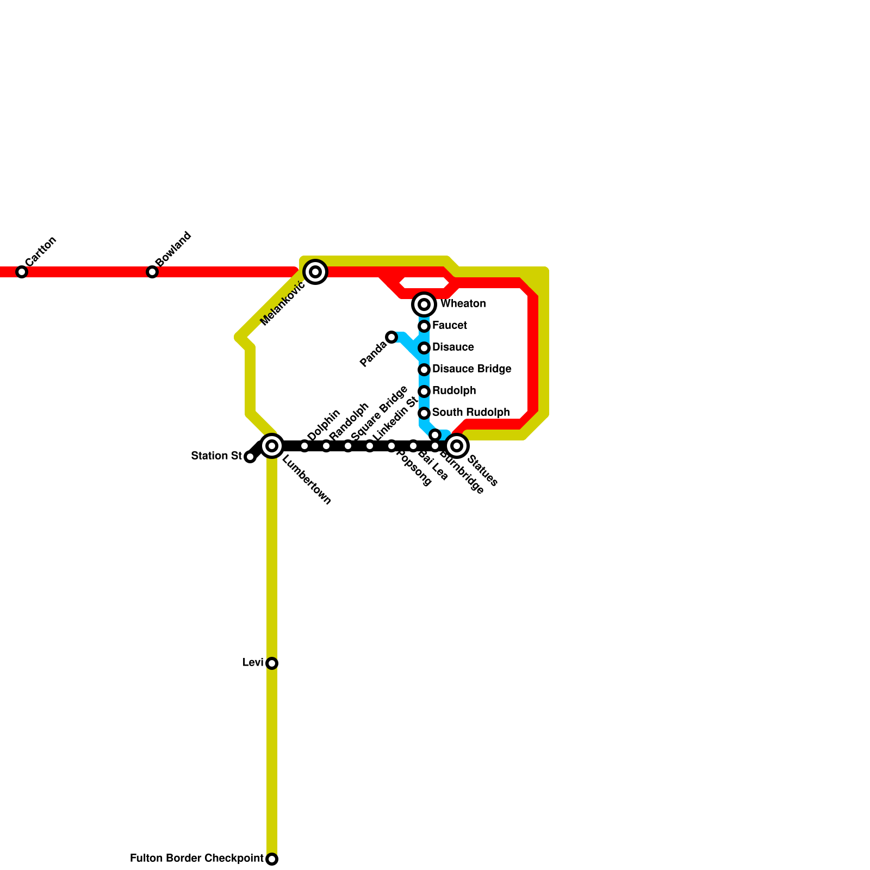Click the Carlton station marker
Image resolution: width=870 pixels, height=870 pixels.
[x=22, y=272]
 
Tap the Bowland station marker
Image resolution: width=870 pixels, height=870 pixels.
[x=152, y=272]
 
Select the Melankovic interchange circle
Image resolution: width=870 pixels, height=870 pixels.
[x=315, y=272]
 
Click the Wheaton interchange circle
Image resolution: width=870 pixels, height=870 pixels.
[x=424, y=304]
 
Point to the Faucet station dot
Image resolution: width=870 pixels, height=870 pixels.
[x=424, y=326]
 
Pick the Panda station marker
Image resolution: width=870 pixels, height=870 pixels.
[x=391, y=337]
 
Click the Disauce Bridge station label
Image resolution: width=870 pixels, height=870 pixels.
[x=471, y=369]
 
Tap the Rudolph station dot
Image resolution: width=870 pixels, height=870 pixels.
[x=424, y=391]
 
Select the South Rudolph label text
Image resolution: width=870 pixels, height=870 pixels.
[x=470, y=413]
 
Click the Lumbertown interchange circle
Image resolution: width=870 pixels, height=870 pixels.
[x=272, y=446]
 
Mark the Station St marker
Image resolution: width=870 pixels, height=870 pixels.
[x=250, y=457]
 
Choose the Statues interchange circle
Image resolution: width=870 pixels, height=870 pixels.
[x=457, y=446]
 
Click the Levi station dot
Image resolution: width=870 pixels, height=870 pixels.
[x=272, y=663]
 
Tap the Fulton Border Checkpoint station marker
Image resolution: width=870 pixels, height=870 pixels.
[x=272, y=859]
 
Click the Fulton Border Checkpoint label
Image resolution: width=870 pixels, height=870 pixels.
[x=196, y=859]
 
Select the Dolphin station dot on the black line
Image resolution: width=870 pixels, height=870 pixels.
[x=304, y=446]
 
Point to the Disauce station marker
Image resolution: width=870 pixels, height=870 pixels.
[x=424, y=348]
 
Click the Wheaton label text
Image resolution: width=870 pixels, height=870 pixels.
[x=463, y=304]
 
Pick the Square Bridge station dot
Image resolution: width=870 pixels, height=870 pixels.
[x=348, y=446]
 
